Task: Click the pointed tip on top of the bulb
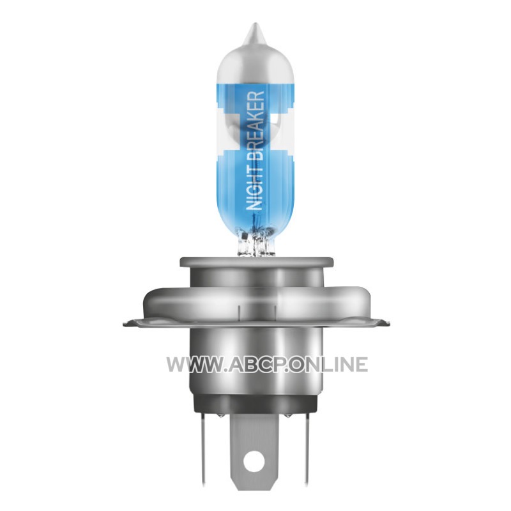(x=255, y=24)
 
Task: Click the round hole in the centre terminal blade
(x=254, y=459)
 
